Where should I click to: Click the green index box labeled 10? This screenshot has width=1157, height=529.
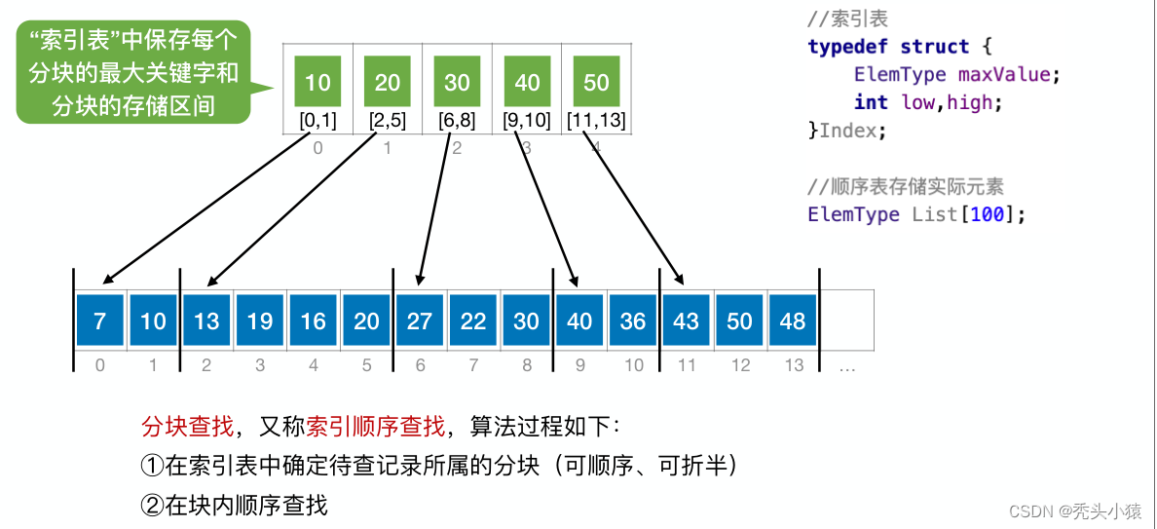click(317, 82)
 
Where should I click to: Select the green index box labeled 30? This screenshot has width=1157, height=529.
click(457, 82)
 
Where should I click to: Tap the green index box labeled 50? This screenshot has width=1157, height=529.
click(596, 82)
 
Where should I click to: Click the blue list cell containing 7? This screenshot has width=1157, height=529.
click(100, 321)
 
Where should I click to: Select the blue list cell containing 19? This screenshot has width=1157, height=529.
click(260, 321)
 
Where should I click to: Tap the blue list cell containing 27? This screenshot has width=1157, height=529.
click(420, 321)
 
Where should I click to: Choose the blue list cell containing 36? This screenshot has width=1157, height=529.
click(633, 321)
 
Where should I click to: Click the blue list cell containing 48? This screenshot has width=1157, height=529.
click(793, 321)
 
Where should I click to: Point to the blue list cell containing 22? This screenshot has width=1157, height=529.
click(473, 321)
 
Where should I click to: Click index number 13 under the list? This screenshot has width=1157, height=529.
click(794, 365)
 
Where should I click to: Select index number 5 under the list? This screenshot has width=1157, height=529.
click(366, 365)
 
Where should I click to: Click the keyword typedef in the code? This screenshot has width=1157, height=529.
click(847, 47)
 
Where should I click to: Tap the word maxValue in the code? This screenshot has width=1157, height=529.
click(1004, 74)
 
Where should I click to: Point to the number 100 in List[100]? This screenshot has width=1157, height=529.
click(988, 214)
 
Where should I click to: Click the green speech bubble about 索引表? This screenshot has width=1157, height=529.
click(132, 72)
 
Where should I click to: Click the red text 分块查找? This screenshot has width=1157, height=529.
click(187, 427)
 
